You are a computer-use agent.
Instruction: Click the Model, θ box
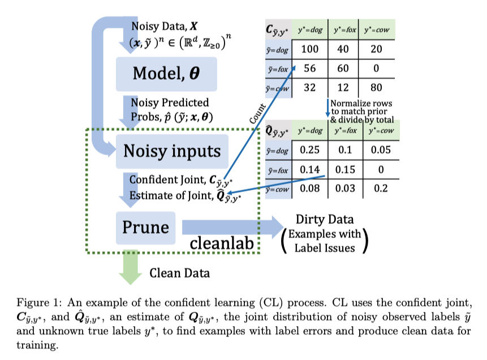(x=166, y=74)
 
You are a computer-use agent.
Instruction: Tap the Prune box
(x=146, y=226)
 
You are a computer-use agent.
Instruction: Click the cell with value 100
(x=309, y=49)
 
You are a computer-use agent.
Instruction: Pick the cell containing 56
(x=309, y=68)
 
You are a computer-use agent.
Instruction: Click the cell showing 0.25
(x=309, y=151)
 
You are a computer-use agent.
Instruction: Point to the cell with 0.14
(x=309, y=169)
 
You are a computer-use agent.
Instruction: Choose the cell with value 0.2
(x=381, y=188)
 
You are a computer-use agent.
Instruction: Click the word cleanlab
(x=222, y=243)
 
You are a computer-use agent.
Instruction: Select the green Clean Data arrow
(x=130, y=267)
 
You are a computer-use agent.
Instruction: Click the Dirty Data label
(x=325, y=219)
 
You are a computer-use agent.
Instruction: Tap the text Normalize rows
(x=361, y=104)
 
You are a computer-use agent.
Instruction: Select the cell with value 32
(x=309, y=87)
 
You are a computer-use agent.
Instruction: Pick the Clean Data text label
(x=179, y=273)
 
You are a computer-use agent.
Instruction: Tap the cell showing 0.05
(x=381, y=151)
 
